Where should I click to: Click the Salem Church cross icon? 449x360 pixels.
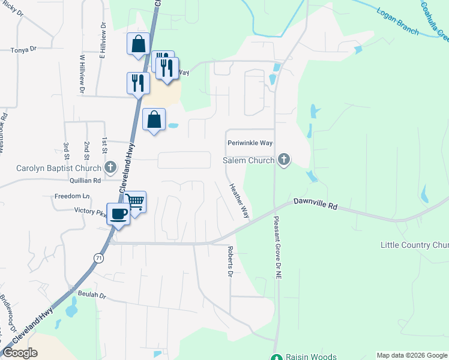tap(284, 160)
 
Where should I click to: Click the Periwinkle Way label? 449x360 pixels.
tap(250, 143)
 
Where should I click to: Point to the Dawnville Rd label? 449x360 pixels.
tap(315, 204)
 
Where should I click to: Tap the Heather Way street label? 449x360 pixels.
tap(239, 200)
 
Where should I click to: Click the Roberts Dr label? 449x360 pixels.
tap(230, 262)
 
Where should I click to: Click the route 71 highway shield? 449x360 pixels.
tap(98, 257)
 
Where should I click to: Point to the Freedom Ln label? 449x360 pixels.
tap(71, 196)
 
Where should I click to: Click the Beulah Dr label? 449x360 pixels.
tap(91, 296)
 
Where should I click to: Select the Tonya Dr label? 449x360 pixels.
tap(23, 50)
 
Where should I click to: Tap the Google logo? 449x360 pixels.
tap(20, 353)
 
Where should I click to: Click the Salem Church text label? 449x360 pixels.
tap(249, 161)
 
